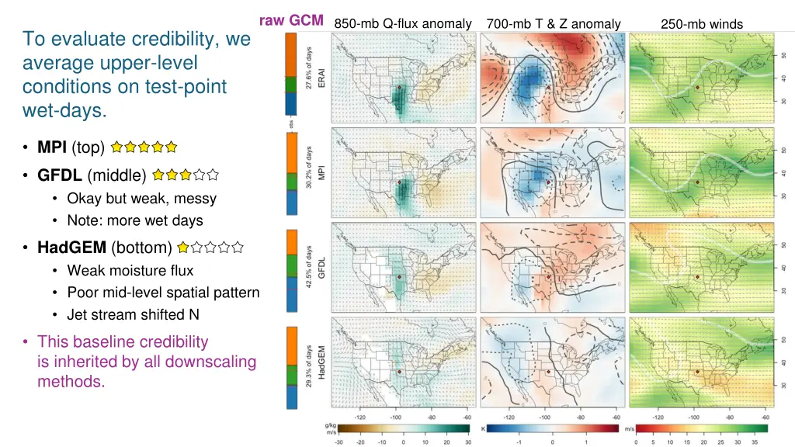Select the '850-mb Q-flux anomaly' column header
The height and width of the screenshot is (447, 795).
pyautogui.click(x=402, y=24)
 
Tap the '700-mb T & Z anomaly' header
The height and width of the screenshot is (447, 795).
pyautogui.click(x=553, y=24)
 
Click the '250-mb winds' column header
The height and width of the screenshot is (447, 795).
pyautogui.click(x=701, y=24)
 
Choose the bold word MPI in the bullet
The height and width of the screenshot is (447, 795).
pyautogui.click(x=51, y=146)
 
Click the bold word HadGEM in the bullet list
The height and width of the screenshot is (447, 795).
pyautogui.click(x=71, y=248)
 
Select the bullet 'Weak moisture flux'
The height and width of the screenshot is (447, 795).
pyautogui.click(x=130, y=270)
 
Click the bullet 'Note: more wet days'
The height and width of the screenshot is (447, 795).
pyautogui.click(x=135, y=220)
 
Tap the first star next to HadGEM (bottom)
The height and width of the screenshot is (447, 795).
pyautogui.click(x=183, y=248)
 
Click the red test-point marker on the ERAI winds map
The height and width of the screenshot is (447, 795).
pyautogui.click(x=697, y=88)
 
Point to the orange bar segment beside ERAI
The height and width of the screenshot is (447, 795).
pyautogui.click(x=291, y=57)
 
